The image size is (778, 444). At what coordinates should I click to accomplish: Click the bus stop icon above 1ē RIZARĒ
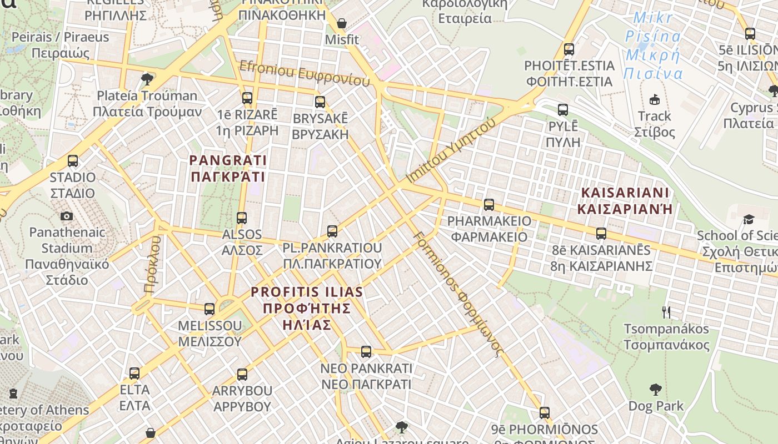[247, 98]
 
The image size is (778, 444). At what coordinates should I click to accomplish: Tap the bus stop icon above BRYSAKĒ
[320, 102]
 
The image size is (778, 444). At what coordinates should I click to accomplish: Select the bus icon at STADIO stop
[73, 161]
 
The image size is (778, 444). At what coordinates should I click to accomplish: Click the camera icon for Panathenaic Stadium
[67, 216]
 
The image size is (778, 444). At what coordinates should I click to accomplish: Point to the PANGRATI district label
[228, 169]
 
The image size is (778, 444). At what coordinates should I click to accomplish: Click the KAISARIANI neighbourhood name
[625, 200]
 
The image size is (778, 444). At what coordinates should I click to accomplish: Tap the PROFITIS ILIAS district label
[307, 307]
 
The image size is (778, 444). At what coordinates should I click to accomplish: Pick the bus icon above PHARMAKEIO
[489, 205]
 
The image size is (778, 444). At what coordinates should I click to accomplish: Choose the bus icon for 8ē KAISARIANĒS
[601, 233]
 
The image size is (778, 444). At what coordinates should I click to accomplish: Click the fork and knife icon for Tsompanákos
[666, 312]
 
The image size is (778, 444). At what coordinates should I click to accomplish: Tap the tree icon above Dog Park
[656, 390]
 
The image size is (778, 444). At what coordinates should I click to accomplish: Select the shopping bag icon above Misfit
[342, 24]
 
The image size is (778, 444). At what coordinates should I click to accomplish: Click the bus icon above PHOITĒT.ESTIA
[568, 49]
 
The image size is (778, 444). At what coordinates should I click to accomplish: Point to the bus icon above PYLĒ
[563, 110]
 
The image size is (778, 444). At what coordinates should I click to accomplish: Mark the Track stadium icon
[655, 100]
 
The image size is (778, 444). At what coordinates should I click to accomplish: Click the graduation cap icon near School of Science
[749, 219]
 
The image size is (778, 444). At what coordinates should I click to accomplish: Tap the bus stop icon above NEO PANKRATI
[366, 351]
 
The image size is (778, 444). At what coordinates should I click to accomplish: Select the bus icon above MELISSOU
[210, 309]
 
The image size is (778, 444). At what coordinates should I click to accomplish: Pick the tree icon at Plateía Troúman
[147, 79]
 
